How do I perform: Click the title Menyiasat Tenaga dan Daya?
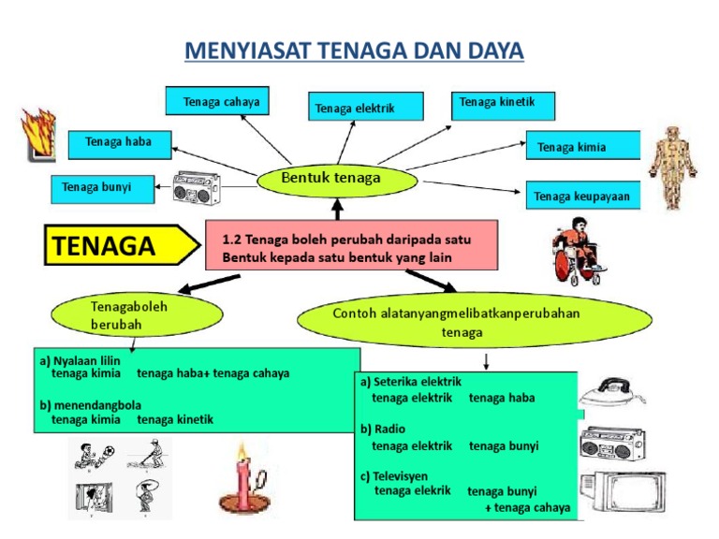(x=354, y=50)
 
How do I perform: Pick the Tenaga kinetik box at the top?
(x=503, y=104)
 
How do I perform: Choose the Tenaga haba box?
(x=119, y=143)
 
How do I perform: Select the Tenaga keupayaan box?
(x=582, y=197)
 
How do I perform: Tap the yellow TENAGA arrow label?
(x=120, y=246)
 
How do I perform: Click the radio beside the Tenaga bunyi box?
(x=197, y=188)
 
